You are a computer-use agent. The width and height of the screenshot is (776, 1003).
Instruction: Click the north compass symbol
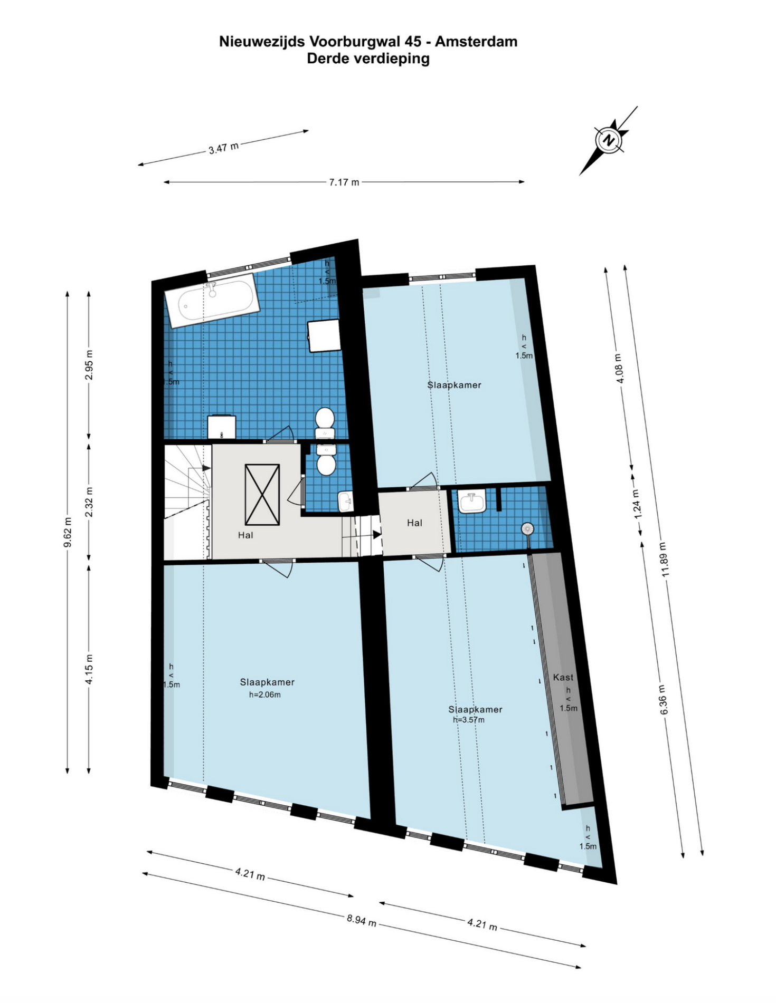click(609, 140)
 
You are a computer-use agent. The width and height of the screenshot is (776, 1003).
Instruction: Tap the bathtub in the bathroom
click(212, 302)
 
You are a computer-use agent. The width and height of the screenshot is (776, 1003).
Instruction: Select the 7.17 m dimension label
click(344, 182)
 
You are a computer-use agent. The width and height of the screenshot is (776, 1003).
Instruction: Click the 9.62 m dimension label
click(68, 533)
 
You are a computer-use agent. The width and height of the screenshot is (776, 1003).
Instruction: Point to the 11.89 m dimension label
click(665, 560)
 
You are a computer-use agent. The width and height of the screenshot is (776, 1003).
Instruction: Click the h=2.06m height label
click(265, 695)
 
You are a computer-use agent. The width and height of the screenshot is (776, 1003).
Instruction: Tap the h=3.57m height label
click(469, 720)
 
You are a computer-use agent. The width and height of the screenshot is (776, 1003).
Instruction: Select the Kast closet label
click(563, 677)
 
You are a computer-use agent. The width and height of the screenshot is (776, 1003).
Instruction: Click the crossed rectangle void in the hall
click(262, 495)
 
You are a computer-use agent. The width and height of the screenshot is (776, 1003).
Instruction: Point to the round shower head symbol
click(527, 528)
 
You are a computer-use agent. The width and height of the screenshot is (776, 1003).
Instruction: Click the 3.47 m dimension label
click(223, 148)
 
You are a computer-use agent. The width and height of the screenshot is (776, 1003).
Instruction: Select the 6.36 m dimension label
click(664, 700)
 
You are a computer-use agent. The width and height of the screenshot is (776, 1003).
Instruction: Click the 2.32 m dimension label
click(89, 502)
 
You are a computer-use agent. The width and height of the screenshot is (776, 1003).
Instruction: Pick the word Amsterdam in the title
click(476, 42)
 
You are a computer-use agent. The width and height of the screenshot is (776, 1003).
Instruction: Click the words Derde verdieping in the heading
click(368, 59)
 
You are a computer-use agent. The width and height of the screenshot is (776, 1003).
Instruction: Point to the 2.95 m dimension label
click(89, 364)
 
